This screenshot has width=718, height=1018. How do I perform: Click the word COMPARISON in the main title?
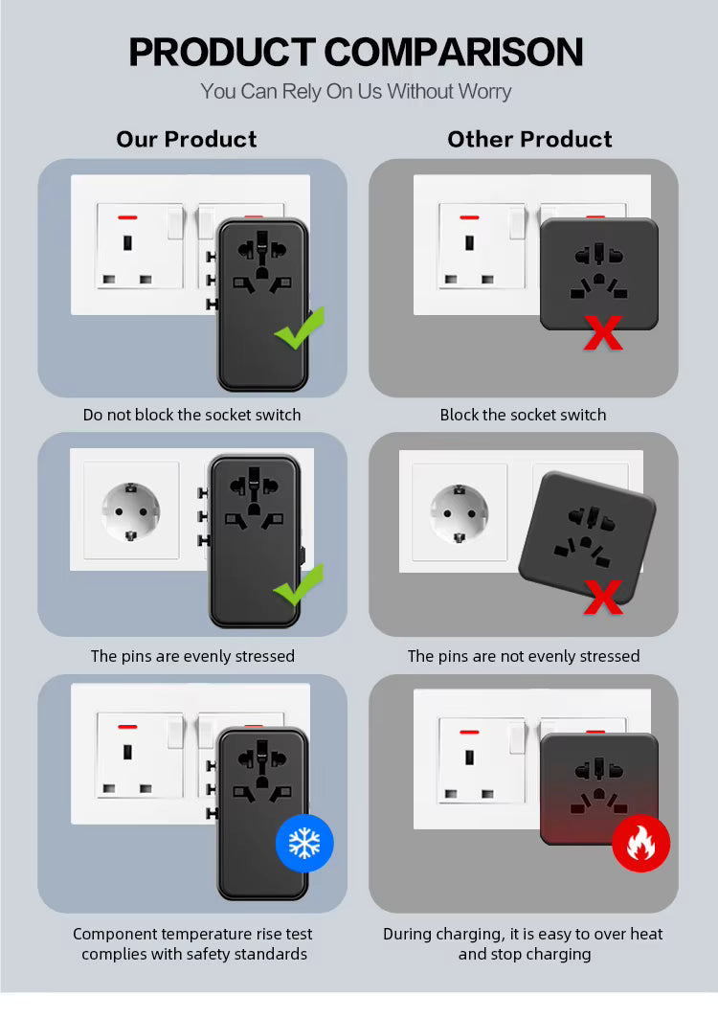453,52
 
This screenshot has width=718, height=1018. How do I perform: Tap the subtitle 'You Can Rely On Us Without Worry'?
356,92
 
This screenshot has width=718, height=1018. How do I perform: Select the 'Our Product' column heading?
187,139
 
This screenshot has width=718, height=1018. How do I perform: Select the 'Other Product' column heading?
529,139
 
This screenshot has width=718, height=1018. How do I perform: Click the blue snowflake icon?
304,843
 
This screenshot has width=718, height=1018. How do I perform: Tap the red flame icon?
640,843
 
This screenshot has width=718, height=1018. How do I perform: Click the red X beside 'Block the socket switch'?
603,333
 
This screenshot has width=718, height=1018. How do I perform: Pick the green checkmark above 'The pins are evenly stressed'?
300,585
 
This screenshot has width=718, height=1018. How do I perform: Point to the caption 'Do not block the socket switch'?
192,415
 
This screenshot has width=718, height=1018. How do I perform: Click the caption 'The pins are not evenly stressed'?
524,656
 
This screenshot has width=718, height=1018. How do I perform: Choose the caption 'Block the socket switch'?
524,415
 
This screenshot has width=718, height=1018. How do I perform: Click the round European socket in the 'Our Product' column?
130,511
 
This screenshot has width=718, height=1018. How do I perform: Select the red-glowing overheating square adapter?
599,789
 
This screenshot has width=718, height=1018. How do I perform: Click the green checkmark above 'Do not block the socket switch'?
300,328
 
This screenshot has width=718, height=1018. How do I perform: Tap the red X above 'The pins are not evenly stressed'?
603,597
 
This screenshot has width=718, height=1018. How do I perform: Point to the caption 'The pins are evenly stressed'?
192,656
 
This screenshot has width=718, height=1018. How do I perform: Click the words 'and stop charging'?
525,955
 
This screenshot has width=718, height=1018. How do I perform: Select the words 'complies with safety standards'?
194,955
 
